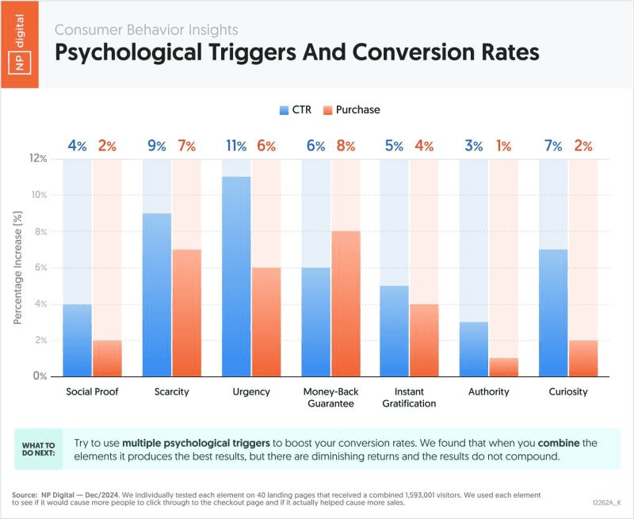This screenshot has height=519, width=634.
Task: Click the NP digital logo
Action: pyautogui.click(x=22, y=44)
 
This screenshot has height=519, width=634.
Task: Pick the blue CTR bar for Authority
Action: pyautogui.click(x=474, y=349)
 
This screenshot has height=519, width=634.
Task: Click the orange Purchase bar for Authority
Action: pyautogui.click(x=503, y=367)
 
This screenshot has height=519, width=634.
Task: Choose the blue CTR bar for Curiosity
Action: pyautogui.click(x=553, y=312)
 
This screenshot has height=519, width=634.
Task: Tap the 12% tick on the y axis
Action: pyautogui.click(x=37, y=158)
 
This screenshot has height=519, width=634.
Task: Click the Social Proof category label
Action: pyautogui.click(x=92, y=392)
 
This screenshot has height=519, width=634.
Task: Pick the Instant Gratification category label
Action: pyautogui.click(x=409, y=398)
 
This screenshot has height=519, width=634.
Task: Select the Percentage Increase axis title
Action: pyautogui.click(x=17, y=268)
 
